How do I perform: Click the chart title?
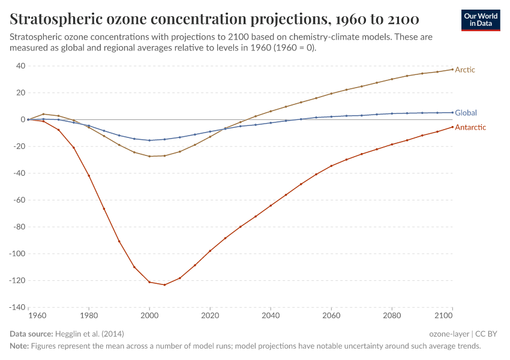coord(214,19)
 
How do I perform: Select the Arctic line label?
coord(465,70)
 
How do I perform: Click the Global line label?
coord(466,113)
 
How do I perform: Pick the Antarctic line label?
coord(470,127)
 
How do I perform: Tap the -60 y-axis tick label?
coord(16,200)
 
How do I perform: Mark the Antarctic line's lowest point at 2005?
coord(164,284)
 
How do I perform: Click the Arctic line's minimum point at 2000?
coord(149,156)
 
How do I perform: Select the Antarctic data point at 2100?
coord(452,127)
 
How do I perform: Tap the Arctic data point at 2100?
coord(452,70)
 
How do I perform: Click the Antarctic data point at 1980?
coord(89,175)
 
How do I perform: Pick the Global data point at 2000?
coord(149,140)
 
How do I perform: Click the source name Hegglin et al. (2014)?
coord(89,334)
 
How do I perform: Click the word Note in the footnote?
coord(19,346)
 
